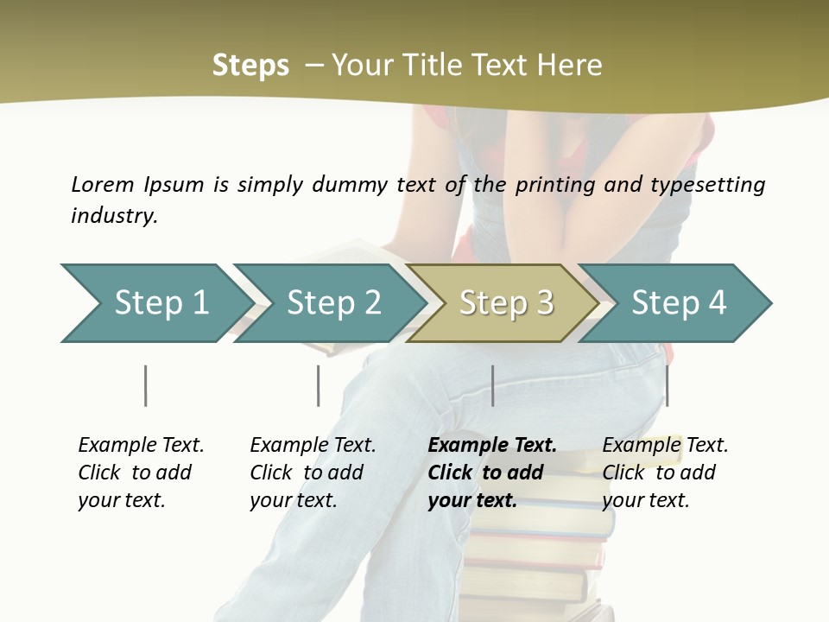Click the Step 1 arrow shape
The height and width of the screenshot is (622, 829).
coord(155,303)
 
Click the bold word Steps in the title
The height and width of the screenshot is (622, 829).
coord(250,65)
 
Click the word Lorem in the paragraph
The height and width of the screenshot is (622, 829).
coord(103,184)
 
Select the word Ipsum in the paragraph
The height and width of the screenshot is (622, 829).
coord(174,184)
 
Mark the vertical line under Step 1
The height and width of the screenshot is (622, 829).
coord(145,385)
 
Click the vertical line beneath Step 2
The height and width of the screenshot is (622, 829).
coord(318,385)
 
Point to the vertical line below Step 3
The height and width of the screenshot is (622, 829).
coord(492,385)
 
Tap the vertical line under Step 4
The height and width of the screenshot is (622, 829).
coord(667,385)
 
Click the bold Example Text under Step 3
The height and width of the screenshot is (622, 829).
coord(492,473)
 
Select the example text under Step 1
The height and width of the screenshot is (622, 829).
coord(141,473)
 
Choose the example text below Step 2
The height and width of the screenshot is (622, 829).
coord(313,473)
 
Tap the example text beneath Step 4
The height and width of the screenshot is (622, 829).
coord(665,473)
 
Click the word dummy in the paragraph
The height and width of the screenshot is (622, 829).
coord(352,184)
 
